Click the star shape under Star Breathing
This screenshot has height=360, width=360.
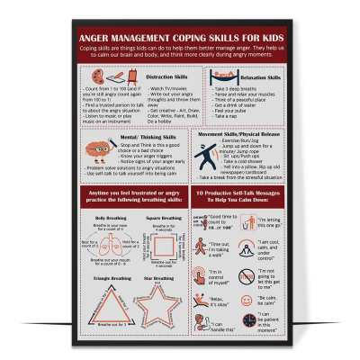152,298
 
